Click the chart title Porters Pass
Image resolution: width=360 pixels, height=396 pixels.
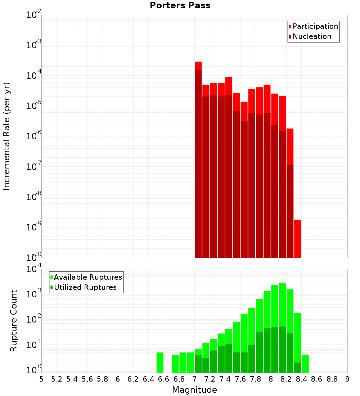[180, 5]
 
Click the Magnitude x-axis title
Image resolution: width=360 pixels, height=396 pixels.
[194, 390]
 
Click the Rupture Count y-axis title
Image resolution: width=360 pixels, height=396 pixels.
[14, 320]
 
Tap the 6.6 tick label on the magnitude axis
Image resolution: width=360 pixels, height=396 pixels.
[164, 379]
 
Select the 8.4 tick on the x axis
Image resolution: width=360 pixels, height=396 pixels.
[302, 379]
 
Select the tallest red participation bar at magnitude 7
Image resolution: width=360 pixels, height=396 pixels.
[198, 65]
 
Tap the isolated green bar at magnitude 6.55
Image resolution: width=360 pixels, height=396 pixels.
[160, 362]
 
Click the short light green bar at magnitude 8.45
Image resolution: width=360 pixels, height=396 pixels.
[305, 364]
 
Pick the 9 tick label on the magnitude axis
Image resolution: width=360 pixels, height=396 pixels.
[347, 379]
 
